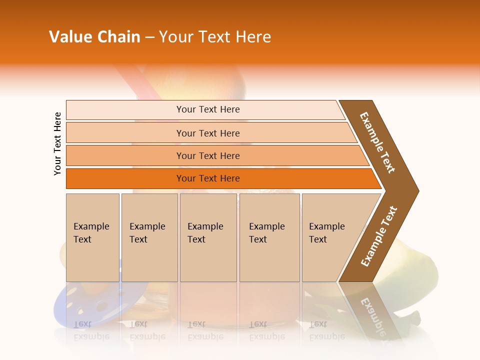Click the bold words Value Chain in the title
point(94,37)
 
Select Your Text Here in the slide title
point(215,37)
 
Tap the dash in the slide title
point(149,37)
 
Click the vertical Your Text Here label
point(57,143)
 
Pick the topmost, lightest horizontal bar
point(207,109)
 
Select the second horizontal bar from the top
point(207,133)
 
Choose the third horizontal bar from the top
point(207,155)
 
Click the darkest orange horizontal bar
point(207,178)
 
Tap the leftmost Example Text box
point(92,237)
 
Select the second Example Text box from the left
point(149,237)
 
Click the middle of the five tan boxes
point(208,237)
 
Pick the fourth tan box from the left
point(269,237)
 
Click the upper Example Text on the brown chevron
point(378,142)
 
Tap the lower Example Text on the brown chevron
point(379,236)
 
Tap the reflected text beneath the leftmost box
point(91,330)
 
